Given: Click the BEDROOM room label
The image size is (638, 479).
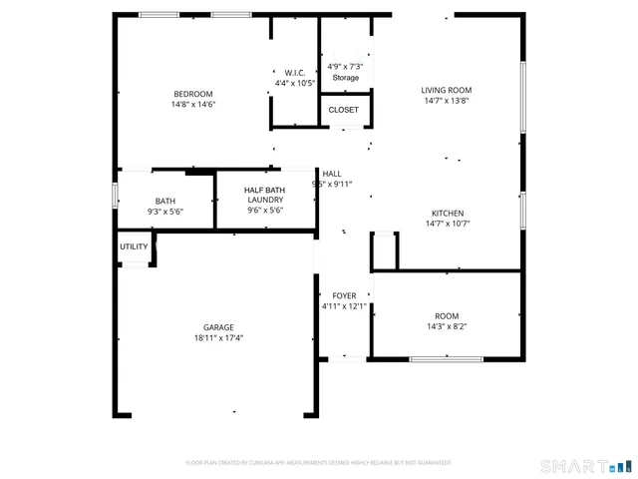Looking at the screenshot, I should (193, 94).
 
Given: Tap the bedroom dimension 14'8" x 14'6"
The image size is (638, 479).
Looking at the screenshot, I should (193, 104).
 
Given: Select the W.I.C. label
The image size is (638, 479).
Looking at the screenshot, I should (294, 72).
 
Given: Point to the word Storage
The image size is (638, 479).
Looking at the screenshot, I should (345, 77).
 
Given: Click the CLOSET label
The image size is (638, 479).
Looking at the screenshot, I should (344, 110).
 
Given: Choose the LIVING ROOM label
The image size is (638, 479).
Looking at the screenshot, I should (446, 90).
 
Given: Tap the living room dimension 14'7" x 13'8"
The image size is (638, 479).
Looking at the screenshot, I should (446, 100).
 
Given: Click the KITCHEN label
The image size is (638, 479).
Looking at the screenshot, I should (447, 214).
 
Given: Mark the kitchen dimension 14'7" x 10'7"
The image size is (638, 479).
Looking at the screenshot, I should (447, 224).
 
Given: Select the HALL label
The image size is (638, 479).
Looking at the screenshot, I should (331, 174).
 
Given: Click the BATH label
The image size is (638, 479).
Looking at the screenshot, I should (164, 201).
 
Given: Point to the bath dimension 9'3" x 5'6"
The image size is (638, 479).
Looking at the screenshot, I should (164, 211).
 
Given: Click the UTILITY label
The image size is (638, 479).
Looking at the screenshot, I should (134, 246).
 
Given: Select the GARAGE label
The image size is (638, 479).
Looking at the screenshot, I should (218, 327).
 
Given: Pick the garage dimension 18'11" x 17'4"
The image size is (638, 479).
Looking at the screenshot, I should (218, 337).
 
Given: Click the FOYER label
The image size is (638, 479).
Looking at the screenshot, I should (345, 296).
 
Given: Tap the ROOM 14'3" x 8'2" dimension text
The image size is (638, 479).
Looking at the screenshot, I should (446, 326).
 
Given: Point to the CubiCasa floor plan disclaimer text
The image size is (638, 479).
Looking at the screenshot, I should (318, 463).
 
